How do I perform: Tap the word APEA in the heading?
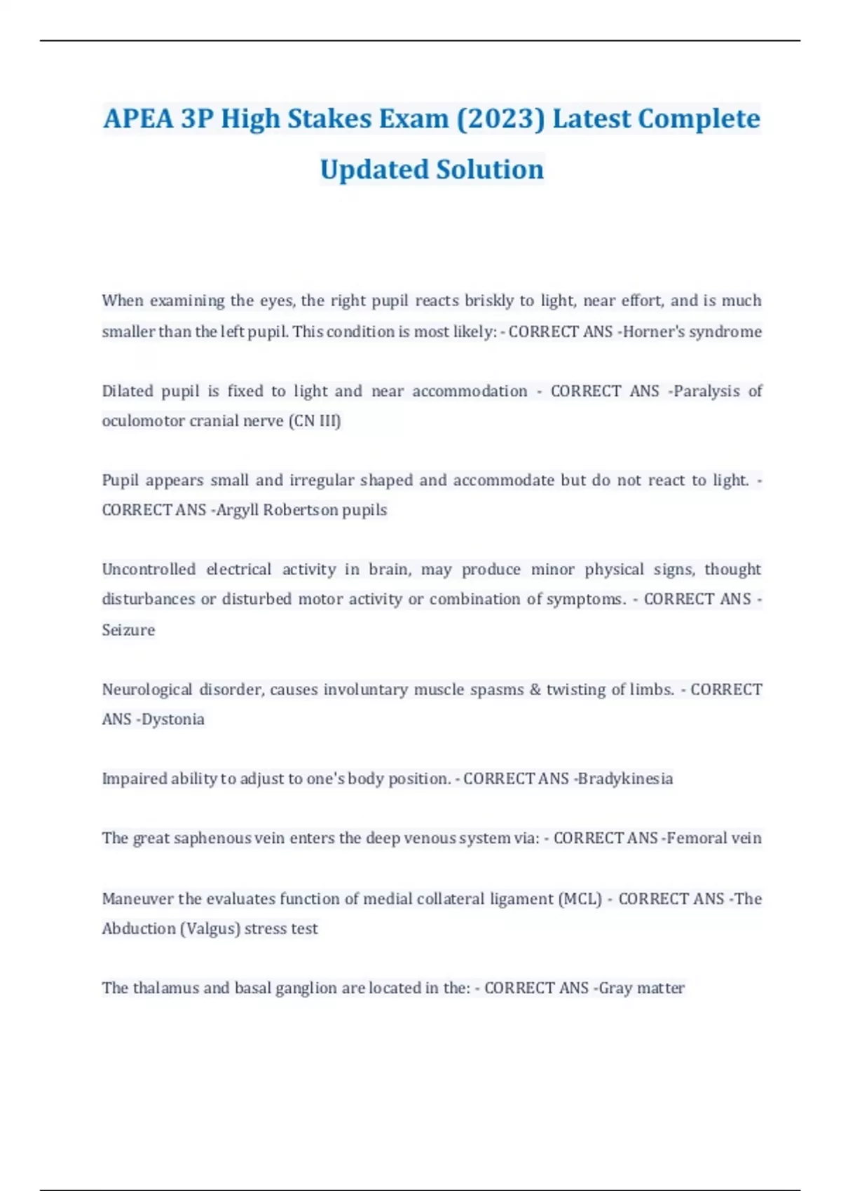tap(138, 119)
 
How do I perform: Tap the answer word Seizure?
tap(128, 630)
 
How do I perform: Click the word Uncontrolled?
tap(149, 569)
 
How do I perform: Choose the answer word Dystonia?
tap(173, 720)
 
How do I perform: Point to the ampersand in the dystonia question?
tap(535, 689)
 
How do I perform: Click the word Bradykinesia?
tap(625, 778)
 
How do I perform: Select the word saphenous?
tap(212, 838)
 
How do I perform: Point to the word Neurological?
tap(147, 689)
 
